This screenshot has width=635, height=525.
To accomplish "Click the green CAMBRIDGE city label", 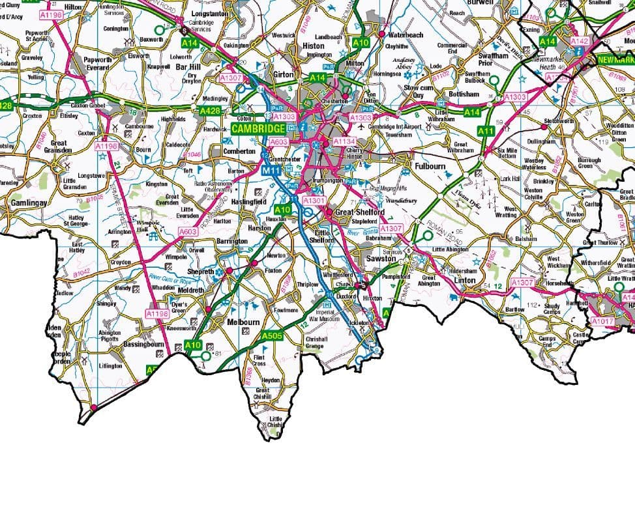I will click(258, 128).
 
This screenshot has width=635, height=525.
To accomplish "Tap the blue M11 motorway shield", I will click(270, 170).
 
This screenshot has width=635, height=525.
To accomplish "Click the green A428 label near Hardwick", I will click(210, 111).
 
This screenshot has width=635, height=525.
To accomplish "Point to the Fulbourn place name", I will click(430, 167).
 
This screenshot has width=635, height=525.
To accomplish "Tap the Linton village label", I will click(465, 280).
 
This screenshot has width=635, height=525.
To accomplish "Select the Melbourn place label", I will click(243, 322).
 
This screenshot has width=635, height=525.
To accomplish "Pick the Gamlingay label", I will click(29, 203).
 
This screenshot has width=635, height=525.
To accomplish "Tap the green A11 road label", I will click(485, 131).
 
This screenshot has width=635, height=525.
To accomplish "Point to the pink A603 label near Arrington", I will click(187, 232).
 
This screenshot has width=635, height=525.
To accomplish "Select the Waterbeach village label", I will click(406, 35).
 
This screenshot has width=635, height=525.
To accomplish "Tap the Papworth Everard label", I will click(98, 64).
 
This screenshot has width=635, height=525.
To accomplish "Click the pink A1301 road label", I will click(314, 201).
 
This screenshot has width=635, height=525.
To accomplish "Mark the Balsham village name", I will click(525, 239).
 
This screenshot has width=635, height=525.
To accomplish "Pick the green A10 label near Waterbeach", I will click(361, 42).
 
